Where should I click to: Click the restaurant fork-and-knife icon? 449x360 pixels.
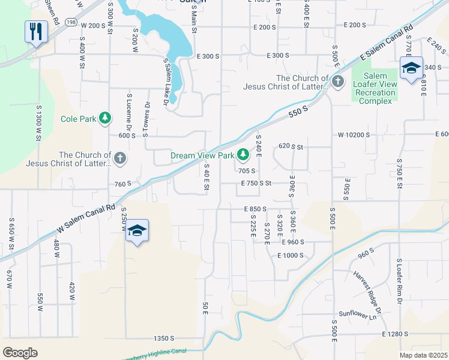tap(36, 31)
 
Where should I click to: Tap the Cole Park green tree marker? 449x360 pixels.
tap(106, 118)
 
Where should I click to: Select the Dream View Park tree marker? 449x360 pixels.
tap(243, 155)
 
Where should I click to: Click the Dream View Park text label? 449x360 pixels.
tap(202, 155)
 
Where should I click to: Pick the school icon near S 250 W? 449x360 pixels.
tap(137, 232)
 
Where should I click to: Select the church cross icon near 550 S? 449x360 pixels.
tap(338, 82)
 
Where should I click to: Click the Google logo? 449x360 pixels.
tap(20, 352)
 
